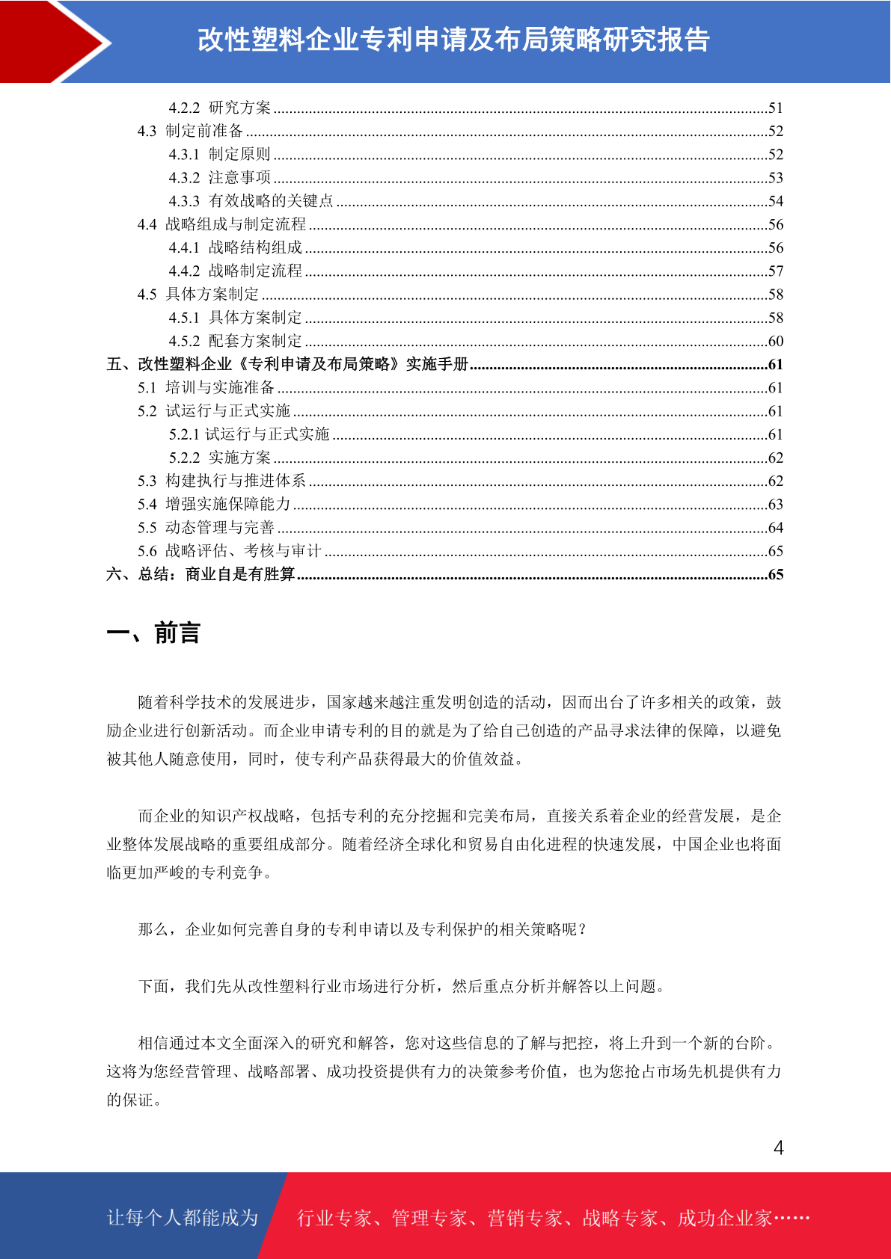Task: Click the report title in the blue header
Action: (x=453, y=40)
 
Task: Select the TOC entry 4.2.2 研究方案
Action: (x=220, y=108)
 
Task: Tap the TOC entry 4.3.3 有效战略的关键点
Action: (x=251, y=201)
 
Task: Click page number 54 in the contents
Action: (x=775, y=201)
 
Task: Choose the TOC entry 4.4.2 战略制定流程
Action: (x=236, y=271)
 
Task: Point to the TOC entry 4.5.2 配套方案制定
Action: (x=236, y=341)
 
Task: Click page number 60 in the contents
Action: (x=775, y=341)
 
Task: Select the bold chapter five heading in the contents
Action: (x=287, y=364)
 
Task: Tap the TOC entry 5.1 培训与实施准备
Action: (x=206, y=387)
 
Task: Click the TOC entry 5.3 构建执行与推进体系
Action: (x=221, y=481)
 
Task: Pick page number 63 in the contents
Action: (x=775, y=504)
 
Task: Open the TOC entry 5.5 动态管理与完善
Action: (x=206, y=527)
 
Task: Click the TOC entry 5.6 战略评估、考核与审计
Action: (x=229, y=551)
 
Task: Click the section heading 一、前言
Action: (x=153, y=633)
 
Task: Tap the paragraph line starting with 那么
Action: (x=363, y=929)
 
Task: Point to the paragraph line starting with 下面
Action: (x=402, y=986)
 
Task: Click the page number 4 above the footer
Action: (x=778, y=1148)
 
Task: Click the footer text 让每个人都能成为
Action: (x=183, y=1218)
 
